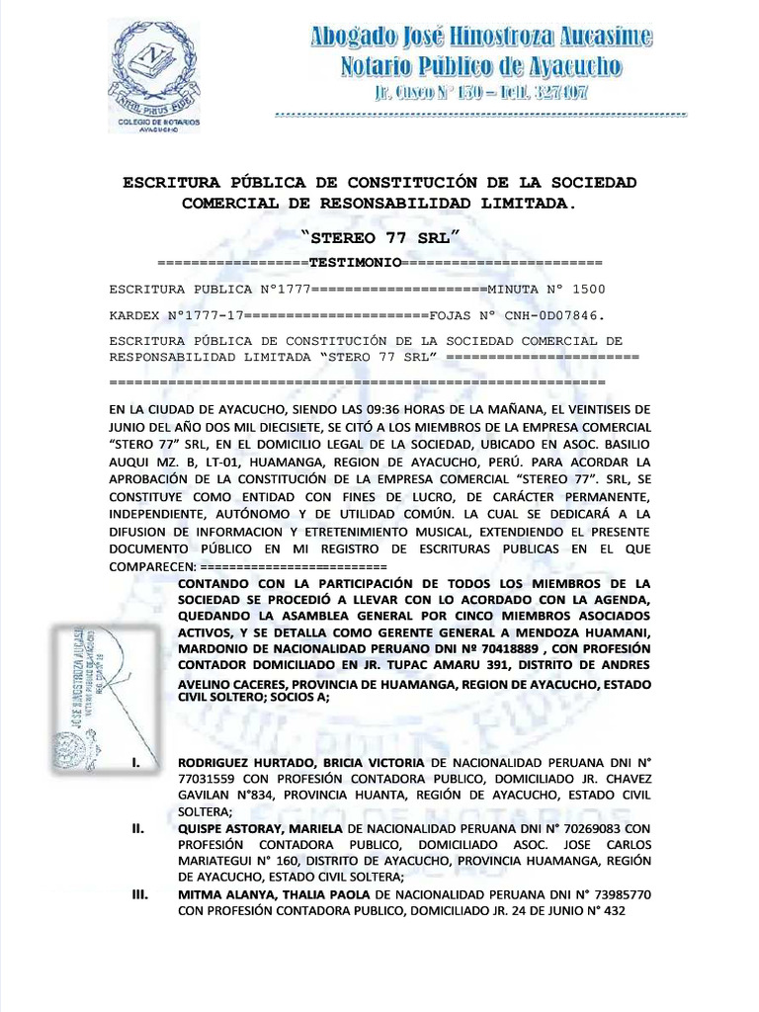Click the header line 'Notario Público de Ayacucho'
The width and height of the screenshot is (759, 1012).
[x=481, y=66]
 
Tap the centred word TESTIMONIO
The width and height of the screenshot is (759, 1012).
[x=354, y=263]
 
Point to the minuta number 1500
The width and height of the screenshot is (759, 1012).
[x=584, y=289]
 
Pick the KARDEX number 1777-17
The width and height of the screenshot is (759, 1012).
[x=209, y=314]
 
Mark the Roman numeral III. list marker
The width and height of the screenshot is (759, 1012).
[x=139, y=894]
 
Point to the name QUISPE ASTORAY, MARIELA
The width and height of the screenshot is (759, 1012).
[x=260, y=827]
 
